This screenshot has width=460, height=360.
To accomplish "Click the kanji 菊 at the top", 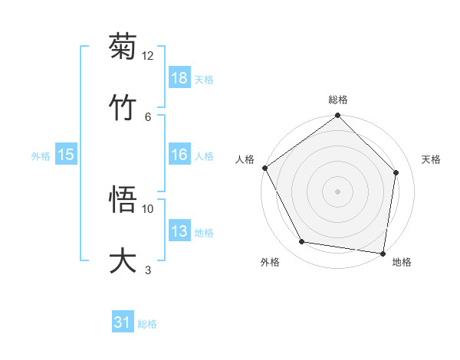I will [123, 47].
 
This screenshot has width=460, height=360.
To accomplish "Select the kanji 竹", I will [123, 107].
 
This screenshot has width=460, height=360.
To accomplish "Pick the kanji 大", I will [123, 261].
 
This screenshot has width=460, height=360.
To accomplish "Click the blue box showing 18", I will [179, 78].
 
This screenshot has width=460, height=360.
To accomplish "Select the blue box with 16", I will [179, 155].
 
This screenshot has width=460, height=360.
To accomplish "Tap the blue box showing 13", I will [179, 231].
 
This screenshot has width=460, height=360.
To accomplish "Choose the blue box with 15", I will [66, 155].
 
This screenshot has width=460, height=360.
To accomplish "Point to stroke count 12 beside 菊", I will [148, 55].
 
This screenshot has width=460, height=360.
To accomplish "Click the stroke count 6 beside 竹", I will [148, 116].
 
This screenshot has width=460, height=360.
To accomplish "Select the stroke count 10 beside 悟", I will [148, 208].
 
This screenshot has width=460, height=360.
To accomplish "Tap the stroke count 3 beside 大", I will [148, 270].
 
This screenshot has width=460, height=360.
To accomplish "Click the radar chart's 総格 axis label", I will [338, 100].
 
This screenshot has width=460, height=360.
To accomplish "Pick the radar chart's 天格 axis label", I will [431, 159].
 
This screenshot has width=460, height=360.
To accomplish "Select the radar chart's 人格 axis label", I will [245, 159].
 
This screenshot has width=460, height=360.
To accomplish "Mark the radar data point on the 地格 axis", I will [383, 252].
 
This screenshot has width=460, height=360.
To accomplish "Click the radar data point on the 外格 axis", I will [302, 242].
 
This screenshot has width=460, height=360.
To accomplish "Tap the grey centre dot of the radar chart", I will [338, 191].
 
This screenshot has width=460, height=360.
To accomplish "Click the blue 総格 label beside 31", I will [147, 324].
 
